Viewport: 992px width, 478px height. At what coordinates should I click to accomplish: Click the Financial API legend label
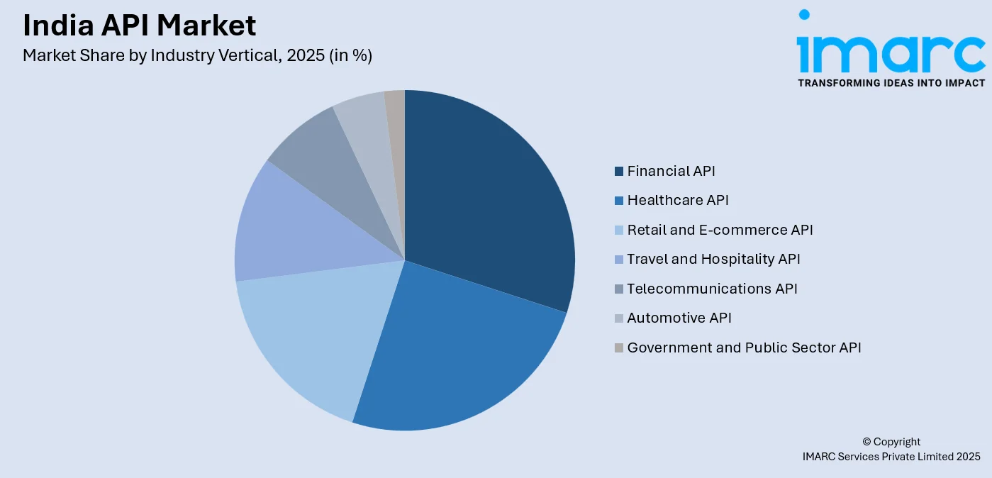(x=671, y=171)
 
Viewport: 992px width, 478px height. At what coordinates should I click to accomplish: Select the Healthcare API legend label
(x=677, y=200)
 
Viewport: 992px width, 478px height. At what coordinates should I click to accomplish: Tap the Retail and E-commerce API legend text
(x=720, y=230)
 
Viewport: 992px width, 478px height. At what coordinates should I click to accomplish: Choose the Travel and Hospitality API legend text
(x=713, y=259)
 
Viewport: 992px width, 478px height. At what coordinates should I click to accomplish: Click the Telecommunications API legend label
(x=712, y=289)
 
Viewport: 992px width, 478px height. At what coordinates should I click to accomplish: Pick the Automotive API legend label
(x=679, y=318)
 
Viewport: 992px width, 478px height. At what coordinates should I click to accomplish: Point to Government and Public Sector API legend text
(x=744, y=348)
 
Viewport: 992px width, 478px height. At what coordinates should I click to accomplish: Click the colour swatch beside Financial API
(x=619, y=171)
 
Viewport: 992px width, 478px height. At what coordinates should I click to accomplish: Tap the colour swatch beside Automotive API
(x=619, y=318)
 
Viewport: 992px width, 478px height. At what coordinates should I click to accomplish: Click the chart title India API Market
(x=139, y=26)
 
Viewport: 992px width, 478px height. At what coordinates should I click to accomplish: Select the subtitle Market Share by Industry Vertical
(x=197, y=55)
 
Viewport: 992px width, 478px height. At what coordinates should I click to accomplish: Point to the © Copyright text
(x=891, y=441)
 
